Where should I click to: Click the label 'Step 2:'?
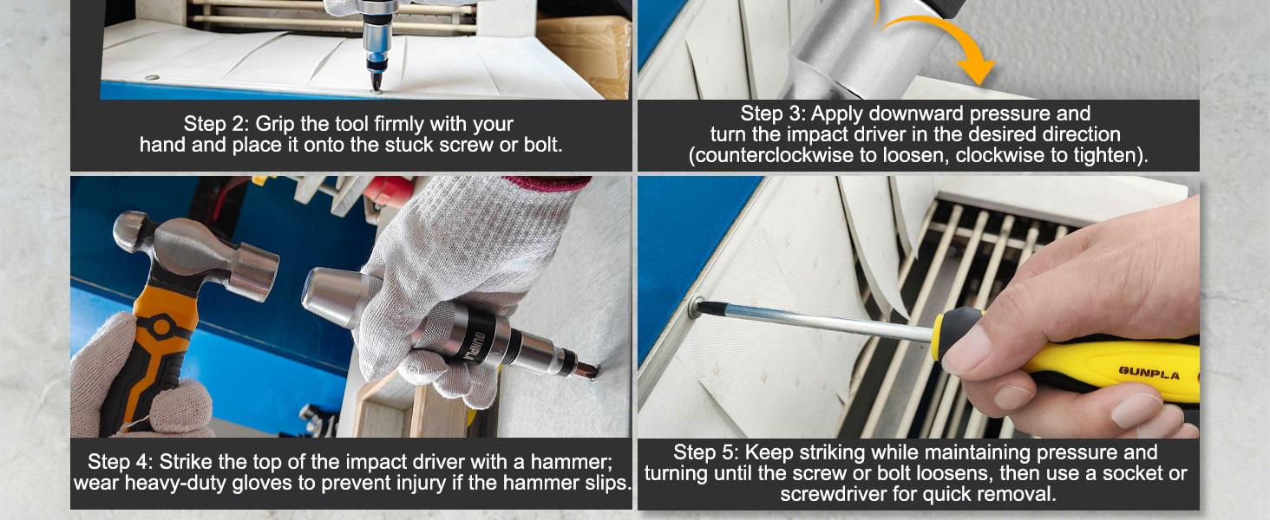pyautogui.click(x=216, y=123)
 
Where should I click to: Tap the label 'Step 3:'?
pyautogui.click(x=773, y=114)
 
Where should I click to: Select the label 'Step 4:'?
pyautogui.click(x=121, y=462)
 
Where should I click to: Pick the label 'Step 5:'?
pyautogui.click(x=706, y=452)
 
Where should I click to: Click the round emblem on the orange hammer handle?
pyautogui.click(x=161, y=328)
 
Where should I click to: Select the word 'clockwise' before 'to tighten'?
pyautogui.click(x=1001, y=155)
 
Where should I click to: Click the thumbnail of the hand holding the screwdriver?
pyautogui.click(x=918, y=307)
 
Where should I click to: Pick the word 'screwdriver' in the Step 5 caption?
pyautogui.click(x=834, y=494)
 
